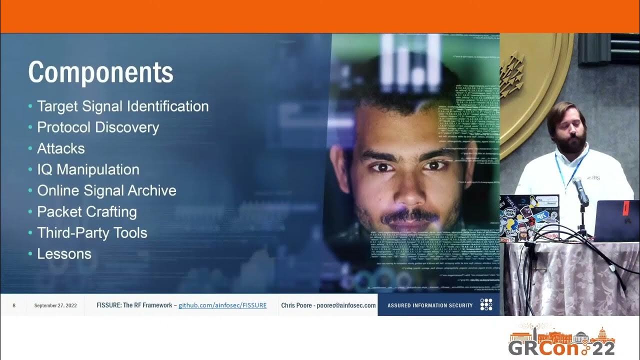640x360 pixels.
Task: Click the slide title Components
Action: [x=100, y=73]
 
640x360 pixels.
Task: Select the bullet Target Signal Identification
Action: [x=122, y=106]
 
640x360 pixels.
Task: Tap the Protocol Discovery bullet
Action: [x=97, y=127]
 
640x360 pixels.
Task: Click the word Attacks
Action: [x=61, y=148]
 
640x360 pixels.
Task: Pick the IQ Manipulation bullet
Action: [x=88, y=169]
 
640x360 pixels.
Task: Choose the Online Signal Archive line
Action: [x=106, y=190]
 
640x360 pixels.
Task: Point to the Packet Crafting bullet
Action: [x=87, y=211]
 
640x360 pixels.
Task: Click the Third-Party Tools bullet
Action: [x=92, y=232]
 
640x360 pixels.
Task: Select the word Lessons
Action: [x=64, y=253]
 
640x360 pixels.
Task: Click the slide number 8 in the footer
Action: [x=14, y=305]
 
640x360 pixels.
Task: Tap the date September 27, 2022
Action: [x=55, y=305]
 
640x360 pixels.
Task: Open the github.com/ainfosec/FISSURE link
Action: [x=222, y=305]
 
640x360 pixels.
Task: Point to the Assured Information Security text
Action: [x=430, y=305]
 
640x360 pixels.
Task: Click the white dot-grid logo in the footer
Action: [x=486, y=304]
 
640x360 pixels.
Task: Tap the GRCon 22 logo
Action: [x=561, y=341]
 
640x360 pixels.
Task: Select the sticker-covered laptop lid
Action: [x=529, y=217]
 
